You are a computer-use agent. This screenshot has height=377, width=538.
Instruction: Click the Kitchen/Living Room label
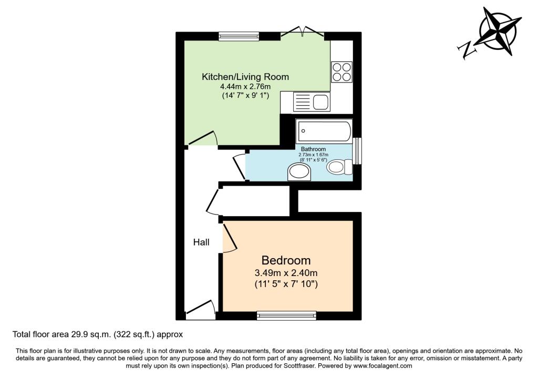coord(245,77)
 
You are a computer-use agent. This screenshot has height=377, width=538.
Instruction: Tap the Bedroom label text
coord(286,260)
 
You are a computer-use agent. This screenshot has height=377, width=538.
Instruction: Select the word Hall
coord(201,242)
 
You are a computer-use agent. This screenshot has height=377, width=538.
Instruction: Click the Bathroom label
coord(313,149)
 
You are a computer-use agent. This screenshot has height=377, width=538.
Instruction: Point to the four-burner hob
coord(342,72)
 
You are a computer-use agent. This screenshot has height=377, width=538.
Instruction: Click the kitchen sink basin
coord(321,102)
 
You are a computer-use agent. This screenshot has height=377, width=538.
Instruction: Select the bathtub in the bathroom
coord(324,131)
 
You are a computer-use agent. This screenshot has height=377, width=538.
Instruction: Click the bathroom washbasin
coord(299,172)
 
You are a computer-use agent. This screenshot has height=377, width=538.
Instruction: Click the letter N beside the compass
coord(467,50)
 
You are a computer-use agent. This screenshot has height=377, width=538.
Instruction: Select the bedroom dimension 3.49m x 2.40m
coord(286,273)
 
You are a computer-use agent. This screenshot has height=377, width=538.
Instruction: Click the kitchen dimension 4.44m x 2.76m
coord(245,87)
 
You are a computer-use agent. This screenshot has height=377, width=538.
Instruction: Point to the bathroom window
coord(357,151)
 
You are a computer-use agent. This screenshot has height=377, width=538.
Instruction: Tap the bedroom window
coord(286,315)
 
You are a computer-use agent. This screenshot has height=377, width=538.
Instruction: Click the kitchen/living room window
coord(239,36)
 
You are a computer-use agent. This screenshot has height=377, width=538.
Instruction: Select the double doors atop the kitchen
coord(302,31)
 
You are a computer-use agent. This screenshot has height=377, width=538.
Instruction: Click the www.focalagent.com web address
coord(382,366)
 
